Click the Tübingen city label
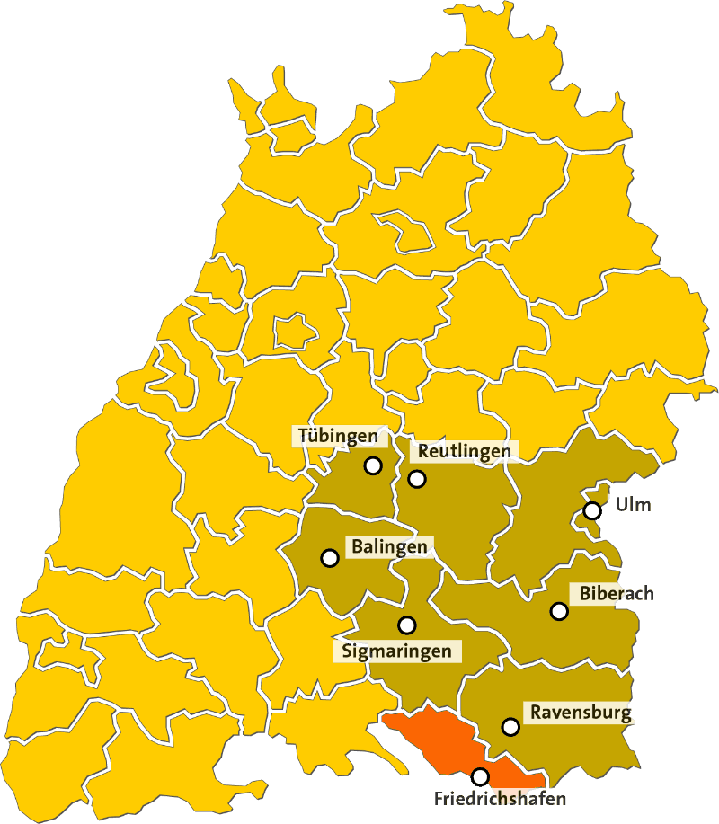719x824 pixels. (x=338, y=437)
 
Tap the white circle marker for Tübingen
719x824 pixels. (x=372, y=465)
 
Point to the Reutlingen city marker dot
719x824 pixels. (x=417, y=479)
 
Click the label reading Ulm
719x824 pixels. (x=633, y=505)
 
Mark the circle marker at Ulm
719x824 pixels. (x=591, y=510)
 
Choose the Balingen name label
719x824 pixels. (x=389, y=546)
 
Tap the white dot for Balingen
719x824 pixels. (x=329, y=557)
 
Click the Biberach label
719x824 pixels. (x=617, y=593)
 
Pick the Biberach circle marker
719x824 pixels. (x=559, y=611)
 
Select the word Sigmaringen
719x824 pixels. (x=396, y=651)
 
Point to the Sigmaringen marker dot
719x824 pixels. (x=407, y=625)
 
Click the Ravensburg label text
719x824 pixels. (x=581, y=713)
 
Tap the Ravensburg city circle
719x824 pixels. (x=510, y=726)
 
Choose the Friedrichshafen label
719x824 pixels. (x=490, y=798)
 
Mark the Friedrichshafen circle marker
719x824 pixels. (x=481, y=776)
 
